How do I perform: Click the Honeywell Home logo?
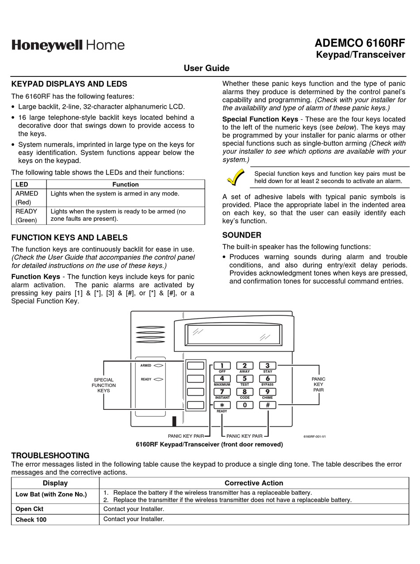[68, 45]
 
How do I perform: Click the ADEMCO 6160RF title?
[359, 43]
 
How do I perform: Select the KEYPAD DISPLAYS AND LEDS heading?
[69, 84]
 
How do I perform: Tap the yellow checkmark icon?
[236, 178]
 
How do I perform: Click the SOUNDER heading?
[242, 235]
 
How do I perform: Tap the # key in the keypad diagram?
[267, 405]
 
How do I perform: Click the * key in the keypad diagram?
[222, 405]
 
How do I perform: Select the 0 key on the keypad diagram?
[244, 405]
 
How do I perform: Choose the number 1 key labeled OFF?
[222, 366]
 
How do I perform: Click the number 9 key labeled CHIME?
[267, 392]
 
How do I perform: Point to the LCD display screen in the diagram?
[234, 335]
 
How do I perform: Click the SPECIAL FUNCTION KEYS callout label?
[103, 385]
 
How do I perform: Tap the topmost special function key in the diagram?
[195, 366]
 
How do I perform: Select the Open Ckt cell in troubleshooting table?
[29, 509]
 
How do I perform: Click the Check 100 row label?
[31, 520]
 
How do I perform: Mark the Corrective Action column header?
[254, 483]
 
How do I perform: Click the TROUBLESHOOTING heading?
[50, 455]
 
